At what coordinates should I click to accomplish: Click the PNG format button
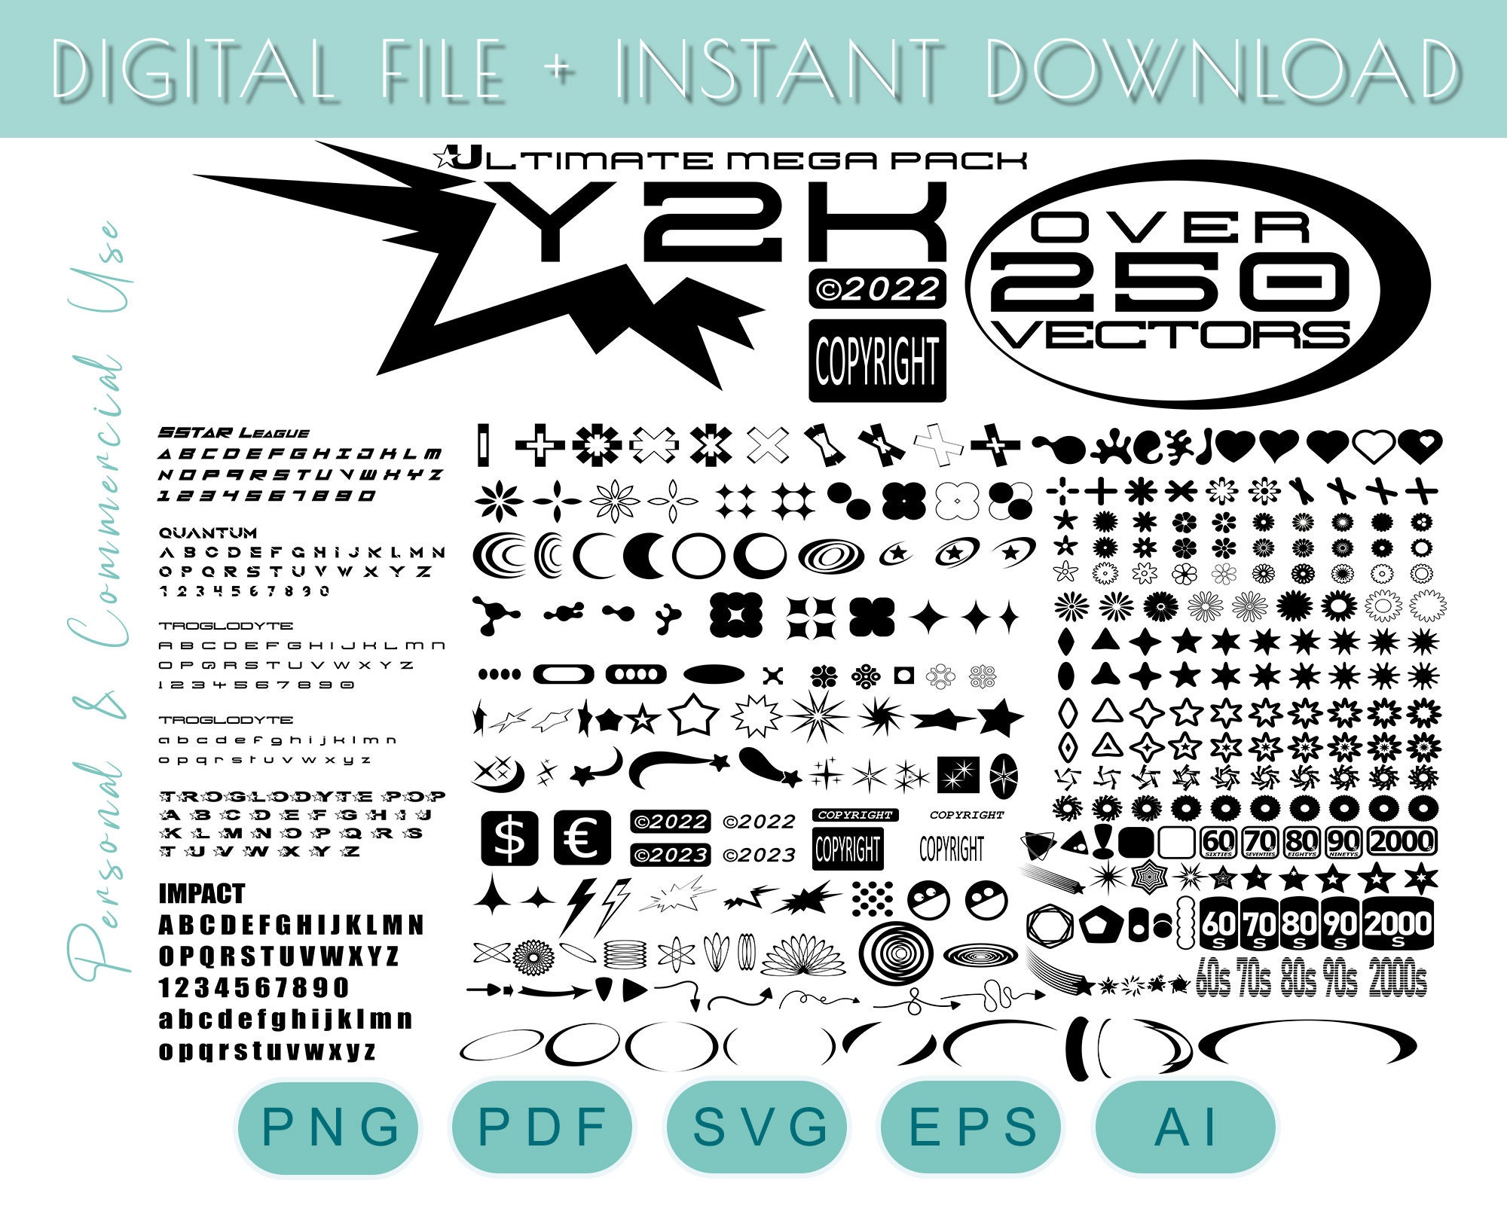[329, 1127]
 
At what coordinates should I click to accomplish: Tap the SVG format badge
[759, 1127]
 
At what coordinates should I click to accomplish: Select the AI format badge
[1185, 1127]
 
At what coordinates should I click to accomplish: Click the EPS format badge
[973, 1127]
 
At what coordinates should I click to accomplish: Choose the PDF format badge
[543, 1127]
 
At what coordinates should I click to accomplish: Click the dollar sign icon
[510, 838]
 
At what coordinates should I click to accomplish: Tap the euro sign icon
[582, 838]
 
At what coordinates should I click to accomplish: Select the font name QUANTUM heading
[208, 533]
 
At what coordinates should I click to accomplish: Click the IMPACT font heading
[202, 894]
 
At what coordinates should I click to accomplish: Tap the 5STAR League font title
[234, 433]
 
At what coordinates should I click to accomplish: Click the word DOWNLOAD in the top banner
[1221, 69]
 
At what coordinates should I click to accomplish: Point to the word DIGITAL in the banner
[192, 69]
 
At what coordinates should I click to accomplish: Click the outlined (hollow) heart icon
[1373, 447]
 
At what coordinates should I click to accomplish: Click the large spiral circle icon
[896, 953]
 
